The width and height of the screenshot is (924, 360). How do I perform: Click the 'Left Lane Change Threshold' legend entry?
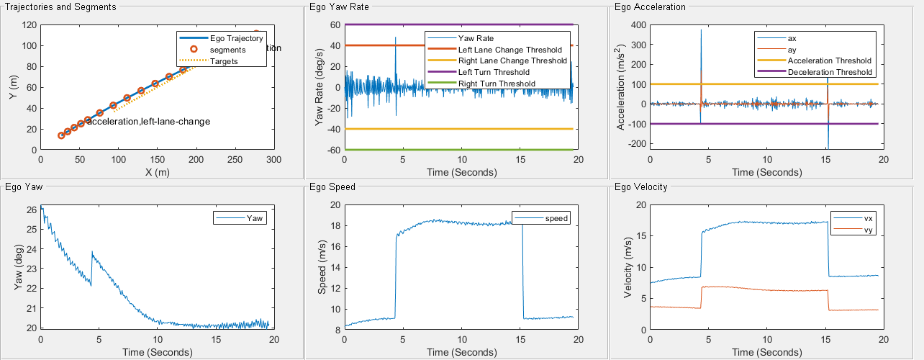509,49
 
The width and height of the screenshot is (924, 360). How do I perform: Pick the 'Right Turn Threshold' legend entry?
497,84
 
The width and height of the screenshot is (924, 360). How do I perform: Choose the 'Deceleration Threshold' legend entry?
830,72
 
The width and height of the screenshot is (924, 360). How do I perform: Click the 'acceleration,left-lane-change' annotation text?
148,122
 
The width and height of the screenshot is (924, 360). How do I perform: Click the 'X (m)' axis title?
157,173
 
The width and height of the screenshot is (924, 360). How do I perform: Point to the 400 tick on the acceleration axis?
636,25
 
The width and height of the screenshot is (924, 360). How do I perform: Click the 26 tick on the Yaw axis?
32,210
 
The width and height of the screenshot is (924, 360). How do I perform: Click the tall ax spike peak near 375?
701,30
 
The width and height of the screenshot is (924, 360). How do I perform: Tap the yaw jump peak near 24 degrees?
92,252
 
